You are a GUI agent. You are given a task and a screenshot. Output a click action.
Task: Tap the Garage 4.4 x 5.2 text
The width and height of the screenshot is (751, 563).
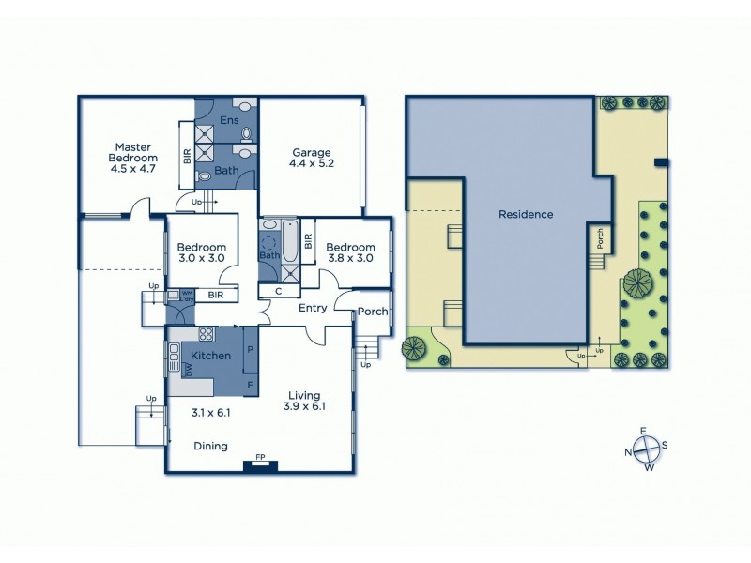(312, 157)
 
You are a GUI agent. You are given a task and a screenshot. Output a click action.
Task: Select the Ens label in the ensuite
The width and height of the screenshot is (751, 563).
(228, 121)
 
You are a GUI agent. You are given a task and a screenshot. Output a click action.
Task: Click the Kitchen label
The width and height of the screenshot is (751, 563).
(210, 356)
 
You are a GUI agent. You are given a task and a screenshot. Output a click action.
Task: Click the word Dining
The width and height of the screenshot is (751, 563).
(210, 446)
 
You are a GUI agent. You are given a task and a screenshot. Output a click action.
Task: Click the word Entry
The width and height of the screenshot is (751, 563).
(313, 307)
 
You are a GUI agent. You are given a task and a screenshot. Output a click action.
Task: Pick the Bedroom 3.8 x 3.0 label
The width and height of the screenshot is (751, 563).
(349, 252)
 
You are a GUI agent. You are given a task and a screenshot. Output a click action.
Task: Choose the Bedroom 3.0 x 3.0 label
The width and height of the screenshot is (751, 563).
(202, 252)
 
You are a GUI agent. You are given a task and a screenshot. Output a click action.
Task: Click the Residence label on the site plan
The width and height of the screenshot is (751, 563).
(525, 214)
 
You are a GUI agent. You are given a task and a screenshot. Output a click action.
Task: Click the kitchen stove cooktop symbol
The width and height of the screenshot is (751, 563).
(207, 334)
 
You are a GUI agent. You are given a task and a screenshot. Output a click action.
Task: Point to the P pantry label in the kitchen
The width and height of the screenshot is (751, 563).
(250, 348)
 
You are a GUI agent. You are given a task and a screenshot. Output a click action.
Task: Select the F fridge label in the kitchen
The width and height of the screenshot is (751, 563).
(250, 384)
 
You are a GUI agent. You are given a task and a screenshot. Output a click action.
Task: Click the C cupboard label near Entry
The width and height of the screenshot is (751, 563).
(279, 292)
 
